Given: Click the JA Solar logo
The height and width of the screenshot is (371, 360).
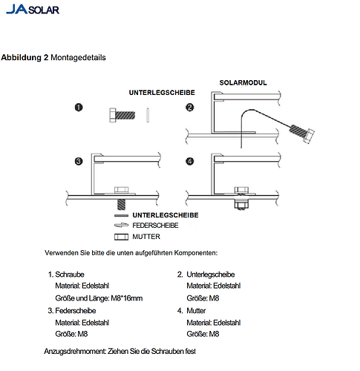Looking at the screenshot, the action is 33,9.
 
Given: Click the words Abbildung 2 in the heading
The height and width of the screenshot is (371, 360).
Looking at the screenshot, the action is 24,57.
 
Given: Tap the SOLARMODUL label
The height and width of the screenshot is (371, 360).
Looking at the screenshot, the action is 243,82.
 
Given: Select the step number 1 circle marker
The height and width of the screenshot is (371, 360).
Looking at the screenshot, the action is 79,108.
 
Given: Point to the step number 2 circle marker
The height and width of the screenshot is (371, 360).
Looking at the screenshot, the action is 190,108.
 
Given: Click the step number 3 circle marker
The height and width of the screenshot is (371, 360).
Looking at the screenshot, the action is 79,162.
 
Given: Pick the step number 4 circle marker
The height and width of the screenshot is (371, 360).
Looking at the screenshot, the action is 190,162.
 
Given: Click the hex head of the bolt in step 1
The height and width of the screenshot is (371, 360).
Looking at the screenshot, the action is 113,115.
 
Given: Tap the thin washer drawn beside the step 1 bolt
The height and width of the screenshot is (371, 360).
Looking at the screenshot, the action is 148,115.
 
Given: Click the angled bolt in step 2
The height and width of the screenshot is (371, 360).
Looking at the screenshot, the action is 302,134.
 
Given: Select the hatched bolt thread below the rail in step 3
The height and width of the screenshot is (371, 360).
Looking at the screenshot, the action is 121,204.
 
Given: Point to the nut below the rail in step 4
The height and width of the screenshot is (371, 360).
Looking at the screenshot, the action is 241,206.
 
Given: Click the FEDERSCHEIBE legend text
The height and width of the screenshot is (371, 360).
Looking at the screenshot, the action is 155,226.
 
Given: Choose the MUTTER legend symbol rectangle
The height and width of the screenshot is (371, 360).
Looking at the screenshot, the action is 121,237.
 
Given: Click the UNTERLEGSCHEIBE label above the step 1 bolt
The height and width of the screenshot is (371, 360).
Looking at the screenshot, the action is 162,93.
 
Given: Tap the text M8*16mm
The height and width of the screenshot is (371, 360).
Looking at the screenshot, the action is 127,298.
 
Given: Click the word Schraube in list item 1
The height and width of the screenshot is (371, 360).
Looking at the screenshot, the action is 70,275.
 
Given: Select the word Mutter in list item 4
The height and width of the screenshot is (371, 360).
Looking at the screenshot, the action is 196,311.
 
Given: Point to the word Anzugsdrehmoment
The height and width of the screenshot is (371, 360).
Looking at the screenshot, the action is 75,352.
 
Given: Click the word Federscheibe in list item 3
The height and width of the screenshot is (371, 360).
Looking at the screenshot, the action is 76,311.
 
